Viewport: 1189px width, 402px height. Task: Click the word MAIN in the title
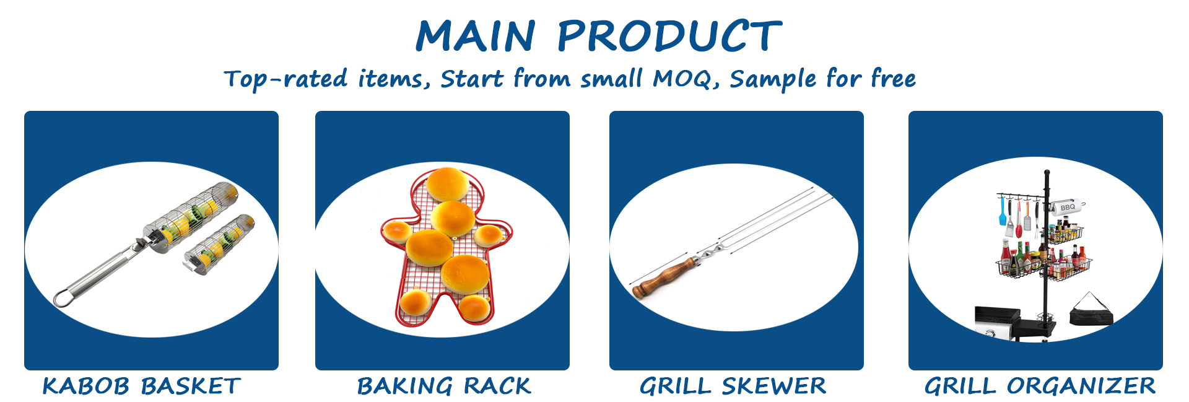tap(476, 35)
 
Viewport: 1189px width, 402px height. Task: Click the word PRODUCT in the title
tap(669, 35)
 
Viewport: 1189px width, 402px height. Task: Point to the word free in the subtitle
tap(893, 78)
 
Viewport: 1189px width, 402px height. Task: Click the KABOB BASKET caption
tap(141, 386)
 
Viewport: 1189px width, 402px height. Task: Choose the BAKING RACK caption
tap(444, 386)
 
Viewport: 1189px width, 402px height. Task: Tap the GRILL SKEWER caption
tap(733, 386)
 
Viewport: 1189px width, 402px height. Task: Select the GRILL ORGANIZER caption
tap(1040, 386)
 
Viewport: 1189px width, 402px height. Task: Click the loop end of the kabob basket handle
tap(63, 299)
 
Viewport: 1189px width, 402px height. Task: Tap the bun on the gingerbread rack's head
tap(447, 184)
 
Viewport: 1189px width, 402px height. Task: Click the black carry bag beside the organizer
tap(1091, 310)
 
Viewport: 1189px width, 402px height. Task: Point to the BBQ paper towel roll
tap(1067, 207)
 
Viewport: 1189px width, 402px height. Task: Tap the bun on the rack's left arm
tap(397, 231)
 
